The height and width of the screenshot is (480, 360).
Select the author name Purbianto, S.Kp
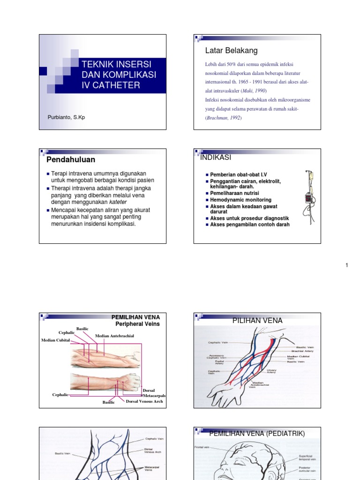66,117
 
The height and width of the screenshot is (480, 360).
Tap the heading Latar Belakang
231,51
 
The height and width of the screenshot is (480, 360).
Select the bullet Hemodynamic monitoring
240,200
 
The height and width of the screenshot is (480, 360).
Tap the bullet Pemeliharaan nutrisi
234,193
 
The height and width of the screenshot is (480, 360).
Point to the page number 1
347,265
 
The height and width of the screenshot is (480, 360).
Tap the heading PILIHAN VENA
257,321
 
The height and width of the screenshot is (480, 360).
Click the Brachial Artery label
302,351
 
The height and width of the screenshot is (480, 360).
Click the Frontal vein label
202,448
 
